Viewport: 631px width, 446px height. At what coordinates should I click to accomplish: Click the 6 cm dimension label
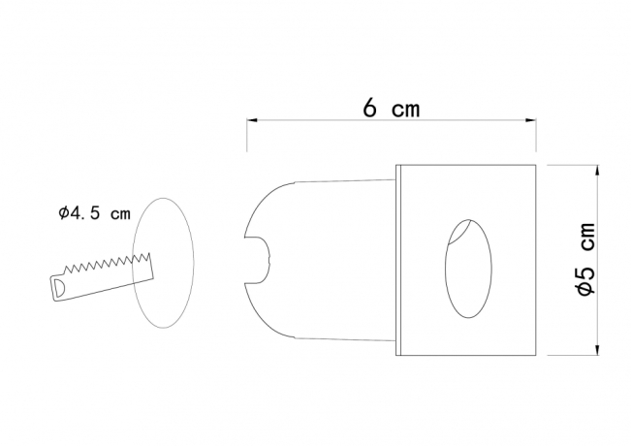[x=392, y=109]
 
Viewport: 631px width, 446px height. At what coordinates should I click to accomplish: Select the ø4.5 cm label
[x=94, y=214]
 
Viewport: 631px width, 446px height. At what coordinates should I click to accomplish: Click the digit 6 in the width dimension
[x=370, y=109]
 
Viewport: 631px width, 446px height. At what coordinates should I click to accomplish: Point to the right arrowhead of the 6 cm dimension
[x=534, y=121]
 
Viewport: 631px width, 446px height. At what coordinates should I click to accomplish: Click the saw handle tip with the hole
[x=58, y=287]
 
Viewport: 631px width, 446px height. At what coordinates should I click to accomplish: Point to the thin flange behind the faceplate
[x=398, y=260]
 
